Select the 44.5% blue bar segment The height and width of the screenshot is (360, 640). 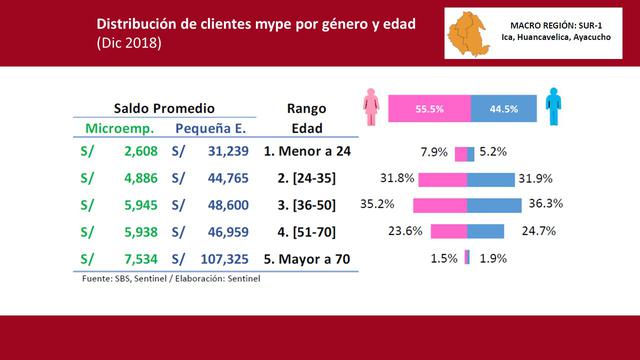(x=504, y=109)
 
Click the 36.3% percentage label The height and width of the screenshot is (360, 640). (x=545, y=205)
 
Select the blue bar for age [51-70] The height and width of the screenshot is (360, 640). (x=486, y=231)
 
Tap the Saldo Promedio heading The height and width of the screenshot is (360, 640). (x=163, y=107)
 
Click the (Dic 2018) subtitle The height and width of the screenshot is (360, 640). (x=129, y=45)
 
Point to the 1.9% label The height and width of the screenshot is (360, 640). (x=494, y=257)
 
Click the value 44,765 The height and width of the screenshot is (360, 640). (x=226, y=179)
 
